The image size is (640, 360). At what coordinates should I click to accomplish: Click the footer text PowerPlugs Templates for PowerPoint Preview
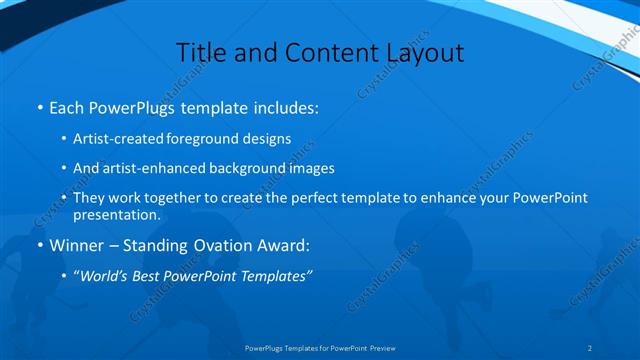point(320,348)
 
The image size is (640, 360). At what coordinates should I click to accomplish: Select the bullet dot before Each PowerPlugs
point(39,107)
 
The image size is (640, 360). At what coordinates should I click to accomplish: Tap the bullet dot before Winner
point(39,245)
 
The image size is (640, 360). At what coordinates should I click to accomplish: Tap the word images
point(313,169)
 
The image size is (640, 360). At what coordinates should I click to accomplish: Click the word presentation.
point(116,215)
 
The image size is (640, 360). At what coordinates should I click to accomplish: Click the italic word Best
point(150,275)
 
